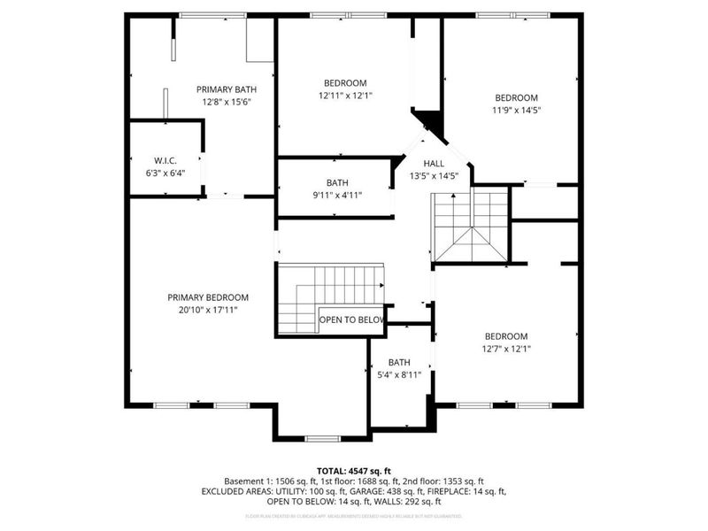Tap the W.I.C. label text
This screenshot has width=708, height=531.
point(165,160)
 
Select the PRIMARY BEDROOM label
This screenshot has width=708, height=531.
point(208,297)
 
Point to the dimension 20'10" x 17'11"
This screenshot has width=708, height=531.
point(208,310)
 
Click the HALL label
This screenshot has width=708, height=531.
point(434,164)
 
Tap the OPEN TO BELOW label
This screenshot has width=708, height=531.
point(351,319)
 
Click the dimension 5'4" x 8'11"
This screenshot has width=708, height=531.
point(399,374)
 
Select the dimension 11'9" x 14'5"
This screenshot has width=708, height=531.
point(516,111)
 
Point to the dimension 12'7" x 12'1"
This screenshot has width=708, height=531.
point(505,349)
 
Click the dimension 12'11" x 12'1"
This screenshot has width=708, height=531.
point(345,96)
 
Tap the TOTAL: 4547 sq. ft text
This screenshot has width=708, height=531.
point(353,470)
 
